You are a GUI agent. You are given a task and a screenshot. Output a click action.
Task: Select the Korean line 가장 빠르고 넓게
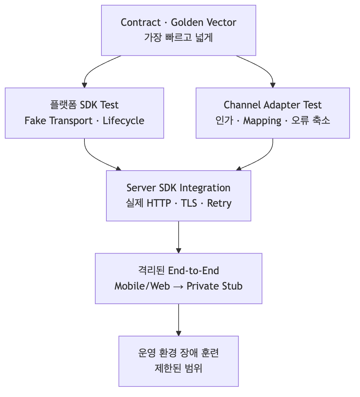click(179, 38)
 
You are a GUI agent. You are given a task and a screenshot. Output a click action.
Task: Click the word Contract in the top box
click(141, 22)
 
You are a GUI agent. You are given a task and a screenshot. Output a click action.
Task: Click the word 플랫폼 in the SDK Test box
click(63, 105)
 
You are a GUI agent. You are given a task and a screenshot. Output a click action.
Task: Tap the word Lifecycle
click(124, 121)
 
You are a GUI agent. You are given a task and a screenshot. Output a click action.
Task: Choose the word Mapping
click(262, 121)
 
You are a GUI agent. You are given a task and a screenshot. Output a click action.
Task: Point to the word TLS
click(189, 203)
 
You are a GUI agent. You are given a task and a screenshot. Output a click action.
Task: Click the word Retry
click(219, 203)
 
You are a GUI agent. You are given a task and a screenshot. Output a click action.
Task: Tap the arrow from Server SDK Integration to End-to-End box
click(179, 237)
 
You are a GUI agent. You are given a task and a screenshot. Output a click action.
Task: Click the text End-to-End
click(193, 271)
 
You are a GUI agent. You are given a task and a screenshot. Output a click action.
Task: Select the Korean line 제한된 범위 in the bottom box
click(178, 369)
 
